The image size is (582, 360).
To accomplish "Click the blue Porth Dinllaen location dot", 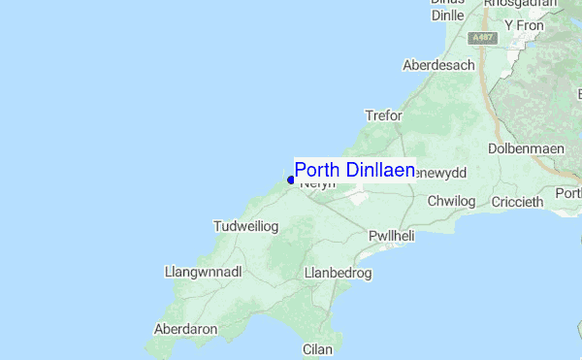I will click(x=291, y=180).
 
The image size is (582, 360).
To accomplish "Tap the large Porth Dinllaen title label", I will click(x=354, y=170).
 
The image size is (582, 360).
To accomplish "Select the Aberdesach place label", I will click(x=439, y=65).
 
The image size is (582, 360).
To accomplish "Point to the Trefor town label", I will click(x=383, y=115).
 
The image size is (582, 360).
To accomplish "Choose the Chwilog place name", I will click(x=454, y=201).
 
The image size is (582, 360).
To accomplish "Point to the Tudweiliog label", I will click(x=245, y=226).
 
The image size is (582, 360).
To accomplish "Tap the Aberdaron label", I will click(x=185, y=329).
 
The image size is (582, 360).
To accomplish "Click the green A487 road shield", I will click(x=482, y=37).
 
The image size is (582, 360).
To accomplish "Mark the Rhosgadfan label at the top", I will click(x=521, y=4).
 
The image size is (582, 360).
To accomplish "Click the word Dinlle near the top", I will click(x=446, y=15).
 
